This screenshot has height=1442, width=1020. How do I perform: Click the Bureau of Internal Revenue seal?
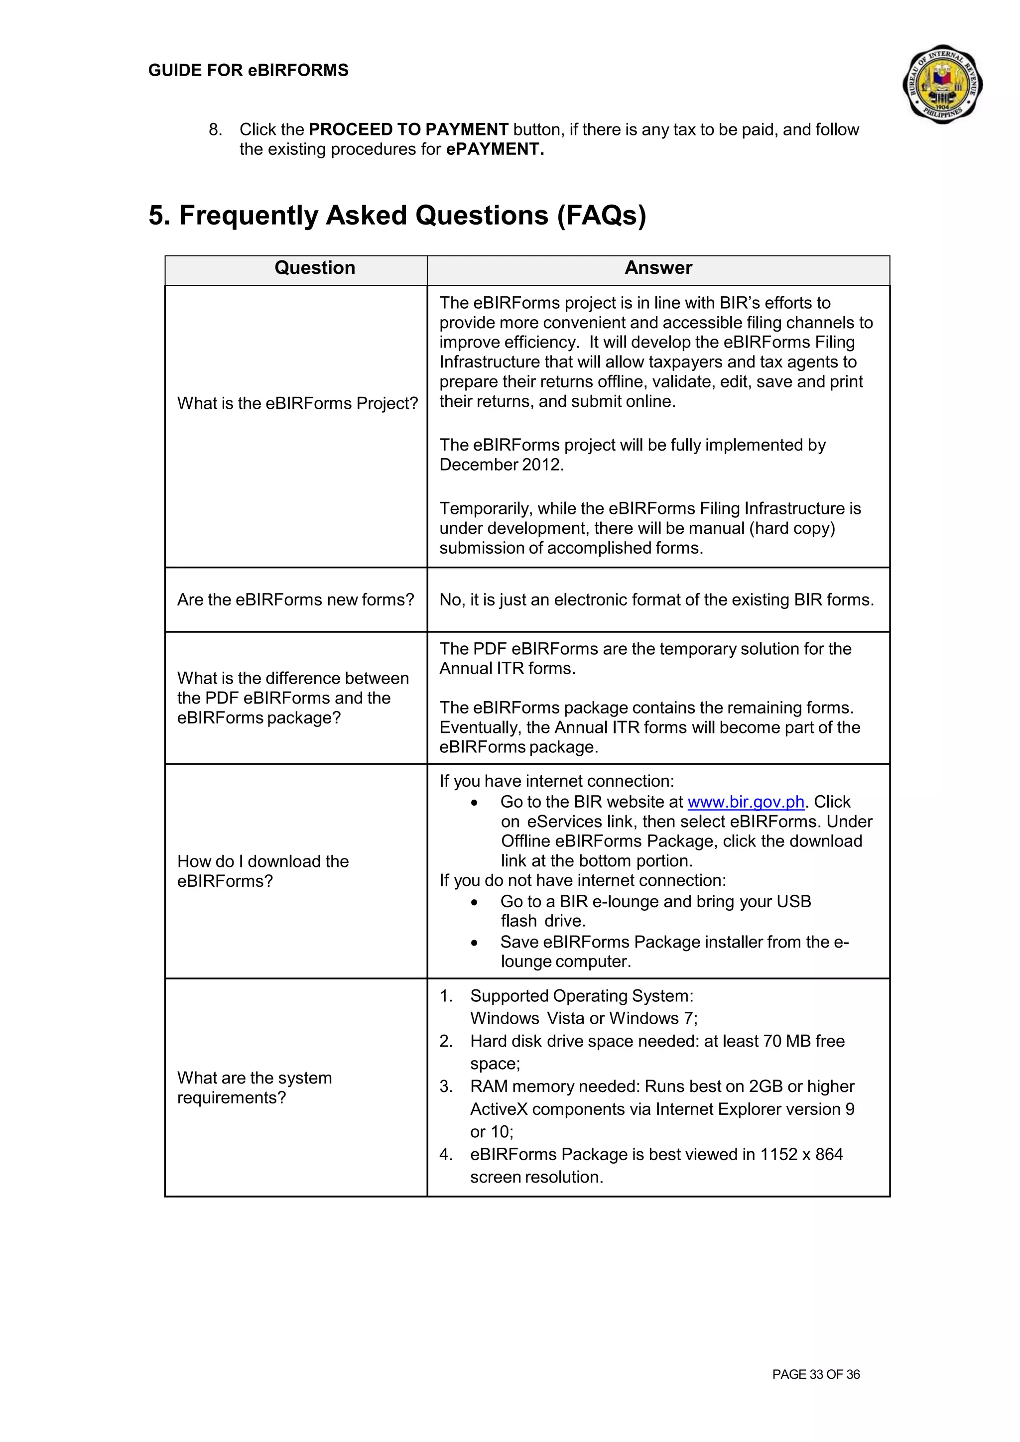coord(942,84)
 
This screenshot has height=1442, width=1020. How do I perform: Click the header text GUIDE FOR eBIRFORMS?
coord(248,70)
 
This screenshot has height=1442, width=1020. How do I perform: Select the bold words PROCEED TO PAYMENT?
coord(408,129)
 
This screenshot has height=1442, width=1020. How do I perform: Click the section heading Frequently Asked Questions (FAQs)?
coord(397,216)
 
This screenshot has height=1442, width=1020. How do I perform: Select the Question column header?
coord(315,268)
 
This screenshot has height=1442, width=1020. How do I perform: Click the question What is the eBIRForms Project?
coord(297,403)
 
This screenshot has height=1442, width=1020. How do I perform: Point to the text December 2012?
coord(501,465)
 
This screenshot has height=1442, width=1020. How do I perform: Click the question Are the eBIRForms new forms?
coord(295,600)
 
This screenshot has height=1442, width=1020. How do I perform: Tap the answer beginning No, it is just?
coord(656,600)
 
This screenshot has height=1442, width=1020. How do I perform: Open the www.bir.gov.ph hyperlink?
coord(746,802)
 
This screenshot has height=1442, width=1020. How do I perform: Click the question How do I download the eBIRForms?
coord(262,871)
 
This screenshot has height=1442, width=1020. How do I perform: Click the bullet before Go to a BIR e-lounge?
coord(474,903)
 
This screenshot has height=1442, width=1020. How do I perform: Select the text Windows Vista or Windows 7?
coord(584,1018)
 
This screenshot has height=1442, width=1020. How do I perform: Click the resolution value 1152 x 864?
coord(801,1154)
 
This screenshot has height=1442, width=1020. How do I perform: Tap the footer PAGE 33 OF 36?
coord(815,1374)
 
